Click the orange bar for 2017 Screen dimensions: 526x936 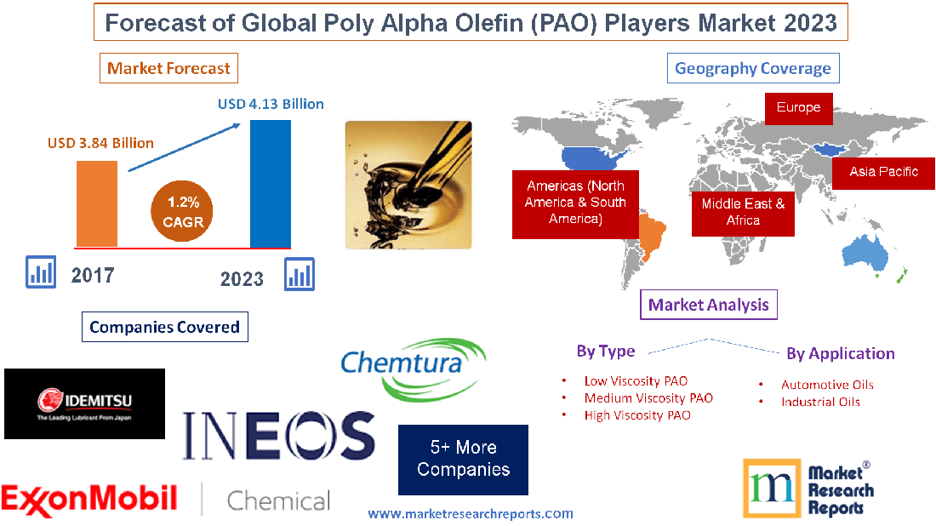tap(96, 203)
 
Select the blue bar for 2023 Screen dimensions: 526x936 tap(270, 184)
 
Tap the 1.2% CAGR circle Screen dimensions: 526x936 tap(183, 210)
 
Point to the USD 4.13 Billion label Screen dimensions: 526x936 tap(271, 104)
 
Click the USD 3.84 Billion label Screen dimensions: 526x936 tap(100, 142)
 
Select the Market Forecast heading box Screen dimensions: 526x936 tap(168, 68)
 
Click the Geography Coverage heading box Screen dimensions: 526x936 tap(752, 68)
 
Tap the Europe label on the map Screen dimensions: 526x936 tap(797, 107)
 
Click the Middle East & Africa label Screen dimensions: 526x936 tap(743, 212)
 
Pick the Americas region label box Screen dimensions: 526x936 tap(574, 203)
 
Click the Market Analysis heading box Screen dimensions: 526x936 tap(708, 305)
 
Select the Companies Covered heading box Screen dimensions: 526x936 tap(164, 327)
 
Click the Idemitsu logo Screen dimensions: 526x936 tap(84, 403)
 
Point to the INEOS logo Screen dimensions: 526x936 tap(277, 434)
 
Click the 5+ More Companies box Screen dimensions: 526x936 tap(463, 459)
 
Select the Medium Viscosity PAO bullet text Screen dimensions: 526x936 tap(648, 397)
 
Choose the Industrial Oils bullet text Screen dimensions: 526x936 tap(820, 402)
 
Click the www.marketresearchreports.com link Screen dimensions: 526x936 tap(471, 513)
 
